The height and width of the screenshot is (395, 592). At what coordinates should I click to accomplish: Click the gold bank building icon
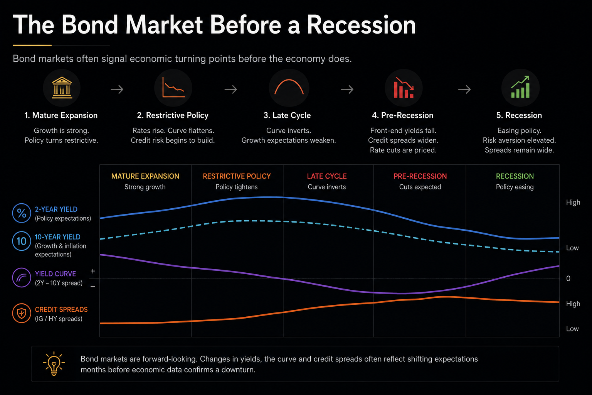pyautogui.click(x=62, y=88)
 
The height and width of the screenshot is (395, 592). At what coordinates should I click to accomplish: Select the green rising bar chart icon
pyautogui.click(x=520, y=87)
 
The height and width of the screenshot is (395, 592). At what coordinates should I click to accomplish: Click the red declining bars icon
pyautogui.click(x=404, y=88)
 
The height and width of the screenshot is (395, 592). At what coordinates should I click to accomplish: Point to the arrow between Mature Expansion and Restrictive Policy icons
pyautogui.click(x=117, y=89)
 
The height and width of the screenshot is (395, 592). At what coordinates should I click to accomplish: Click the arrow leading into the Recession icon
pyautogui.click(x=464, y=89)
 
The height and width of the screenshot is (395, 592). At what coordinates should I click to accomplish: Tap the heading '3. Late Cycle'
pyautogui.click(x=287, y=115)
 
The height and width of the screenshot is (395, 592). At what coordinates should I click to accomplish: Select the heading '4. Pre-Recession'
pyautogui.click(x=402, y=115)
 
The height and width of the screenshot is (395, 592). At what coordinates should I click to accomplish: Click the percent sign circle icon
pyautogui.click(x=22, y=213)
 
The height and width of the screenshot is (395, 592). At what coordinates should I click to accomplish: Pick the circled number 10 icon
pyautogui.click(x=22, y=241)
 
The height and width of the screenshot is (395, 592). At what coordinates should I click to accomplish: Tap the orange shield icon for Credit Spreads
pyautogui.click(x=22, y=313)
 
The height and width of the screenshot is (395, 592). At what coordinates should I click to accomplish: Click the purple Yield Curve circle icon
pyautogui.click(x=22, y=277)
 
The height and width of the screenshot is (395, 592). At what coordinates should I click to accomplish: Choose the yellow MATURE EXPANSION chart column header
pyautogui.click(x=145, y=176)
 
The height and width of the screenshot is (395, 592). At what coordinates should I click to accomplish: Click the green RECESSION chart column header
pyautogui.click(x=515, y=176)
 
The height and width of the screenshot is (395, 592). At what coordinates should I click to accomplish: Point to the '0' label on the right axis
pyautogui.click(x=568, y=279)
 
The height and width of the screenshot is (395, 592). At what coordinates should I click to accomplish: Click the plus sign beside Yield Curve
pyautogui.click(x=93, y=271)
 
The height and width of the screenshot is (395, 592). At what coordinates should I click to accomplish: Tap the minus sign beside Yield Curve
pyautogui.click(x=93, y=286)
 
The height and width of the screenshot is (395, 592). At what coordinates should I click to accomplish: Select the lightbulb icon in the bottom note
pyautogui.click(x=54, y=363)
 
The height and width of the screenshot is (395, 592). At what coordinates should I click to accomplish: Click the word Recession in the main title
pyautogui.click(x=361, y=25)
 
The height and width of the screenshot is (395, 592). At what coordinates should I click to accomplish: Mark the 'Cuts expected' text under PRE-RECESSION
pyautogui.click(x=420, y=187)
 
